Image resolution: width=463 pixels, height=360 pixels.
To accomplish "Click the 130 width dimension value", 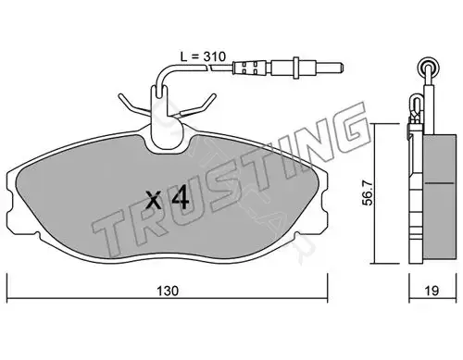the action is (x=168, y=291).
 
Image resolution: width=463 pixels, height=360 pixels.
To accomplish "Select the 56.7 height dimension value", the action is (x=368, y=193).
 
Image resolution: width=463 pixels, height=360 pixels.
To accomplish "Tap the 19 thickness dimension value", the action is (x=432, y=291).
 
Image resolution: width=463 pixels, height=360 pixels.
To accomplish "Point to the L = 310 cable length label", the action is (x=203, y=56).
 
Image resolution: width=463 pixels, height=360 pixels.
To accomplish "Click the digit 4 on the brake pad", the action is (x=181, y=198).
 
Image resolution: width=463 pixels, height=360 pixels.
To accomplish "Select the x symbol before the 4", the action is (x=154, y=201).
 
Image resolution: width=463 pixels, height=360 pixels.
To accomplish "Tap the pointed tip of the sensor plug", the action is (x=343, y=68).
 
